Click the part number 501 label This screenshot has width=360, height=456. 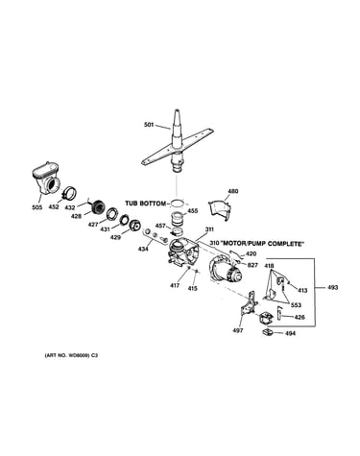click(x=149, y=125)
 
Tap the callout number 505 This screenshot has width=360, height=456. click(x=37, y=207)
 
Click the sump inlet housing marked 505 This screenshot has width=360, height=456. click(x=46, y=178)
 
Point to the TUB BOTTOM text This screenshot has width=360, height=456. click(x=146, y=204)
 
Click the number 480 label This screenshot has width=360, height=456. click(x=232, y=191)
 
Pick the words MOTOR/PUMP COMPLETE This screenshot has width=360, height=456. click(x=262, y=244)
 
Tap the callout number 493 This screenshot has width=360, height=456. click(x=333, y=288)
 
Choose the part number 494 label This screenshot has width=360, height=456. click(x=290, y=333)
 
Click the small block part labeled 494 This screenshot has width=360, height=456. click(x=268, y=333)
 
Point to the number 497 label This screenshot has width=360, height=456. click(x=238, y=330)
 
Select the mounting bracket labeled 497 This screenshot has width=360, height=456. click(x=249, y=307)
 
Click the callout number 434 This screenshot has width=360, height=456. click(x=143, y=249)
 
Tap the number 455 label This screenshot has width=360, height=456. click(x=193, y=211)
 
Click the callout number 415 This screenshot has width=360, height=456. click(x=193, y=288)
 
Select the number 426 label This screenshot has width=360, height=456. click(x=300, y=318)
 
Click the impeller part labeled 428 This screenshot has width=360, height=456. click(x=97, y=207)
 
